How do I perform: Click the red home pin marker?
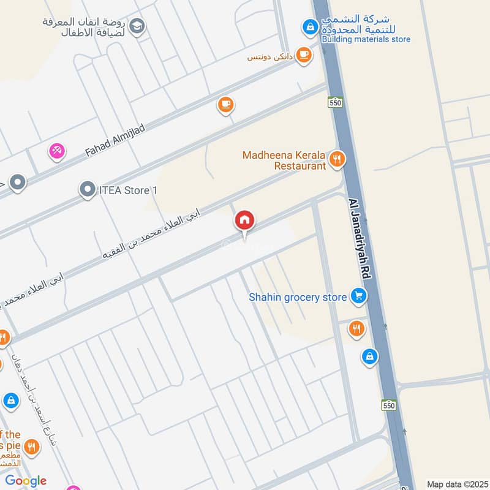245,221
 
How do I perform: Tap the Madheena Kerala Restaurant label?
284,160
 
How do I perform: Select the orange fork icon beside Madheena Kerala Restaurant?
336,160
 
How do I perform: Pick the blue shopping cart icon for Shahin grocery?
358,297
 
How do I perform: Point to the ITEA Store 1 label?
128,190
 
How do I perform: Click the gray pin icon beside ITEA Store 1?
88,190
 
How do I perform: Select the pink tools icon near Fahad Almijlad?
57,151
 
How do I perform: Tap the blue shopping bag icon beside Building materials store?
311,27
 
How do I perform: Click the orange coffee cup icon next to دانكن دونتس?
303,56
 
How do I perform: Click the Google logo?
26,481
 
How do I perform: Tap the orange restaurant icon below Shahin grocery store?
356,330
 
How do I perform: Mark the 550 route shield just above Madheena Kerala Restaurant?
334,102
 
